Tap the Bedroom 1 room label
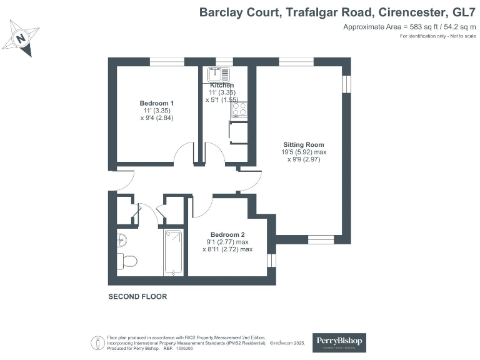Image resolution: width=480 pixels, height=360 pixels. coord(156,103)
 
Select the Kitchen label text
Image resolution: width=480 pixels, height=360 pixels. coord(222,85)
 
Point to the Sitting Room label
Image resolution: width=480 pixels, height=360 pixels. coord(304,144)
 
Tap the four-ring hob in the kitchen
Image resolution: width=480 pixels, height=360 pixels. coord(239,110)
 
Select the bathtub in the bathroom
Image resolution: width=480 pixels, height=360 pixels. coord(172,252)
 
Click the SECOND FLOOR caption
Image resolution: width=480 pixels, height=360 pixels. coord(137,297)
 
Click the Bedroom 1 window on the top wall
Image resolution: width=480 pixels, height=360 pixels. coord(167,61)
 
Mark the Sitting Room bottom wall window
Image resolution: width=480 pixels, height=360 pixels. coord(321,239)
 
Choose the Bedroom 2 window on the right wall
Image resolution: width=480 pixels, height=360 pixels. coord(271,259)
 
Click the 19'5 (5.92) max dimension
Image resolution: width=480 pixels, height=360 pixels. coord(304,152)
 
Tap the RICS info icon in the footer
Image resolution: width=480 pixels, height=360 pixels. coord(97,342)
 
